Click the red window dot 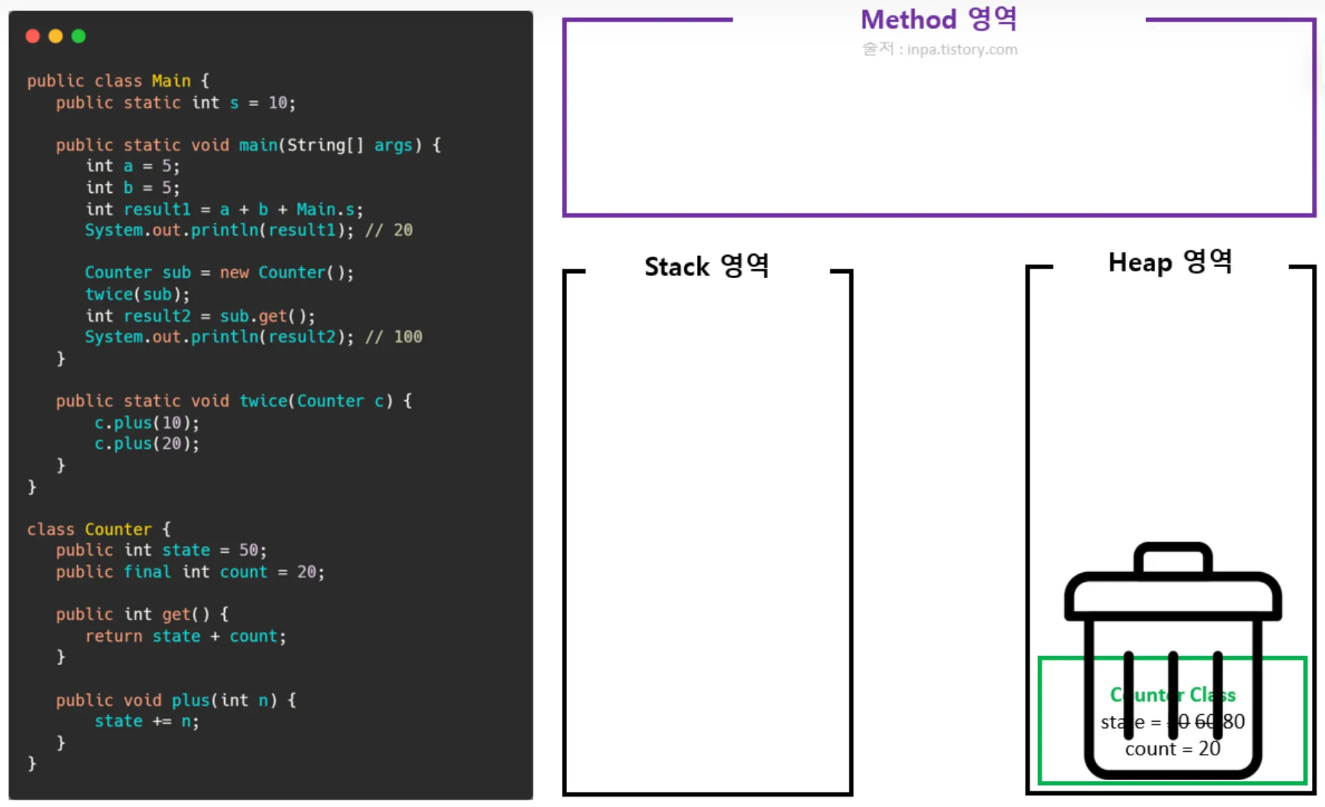pos(32,36)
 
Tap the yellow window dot pos(56,36)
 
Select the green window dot pos(78,36)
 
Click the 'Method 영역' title pos(938,19)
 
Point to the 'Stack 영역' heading pos(707,266)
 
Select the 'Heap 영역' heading pos(1170,262)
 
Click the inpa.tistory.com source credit pos(940,50)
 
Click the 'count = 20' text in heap pos(1172,748)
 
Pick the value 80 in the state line pos(1233,722)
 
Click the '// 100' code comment pos(394,337)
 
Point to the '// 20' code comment pos(389,230)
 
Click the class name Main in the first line pos(171,81)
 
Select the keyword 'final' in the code pos(147,572)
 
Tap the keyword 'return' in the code pos(114,636)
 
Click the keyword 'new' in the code pos(234,273)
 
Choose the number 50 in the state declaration pos(248,550)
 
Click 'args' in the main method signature pos(394,145)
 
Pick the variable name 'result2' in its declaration pos(157,316)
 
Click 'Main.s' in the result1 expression pos(326,209)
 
